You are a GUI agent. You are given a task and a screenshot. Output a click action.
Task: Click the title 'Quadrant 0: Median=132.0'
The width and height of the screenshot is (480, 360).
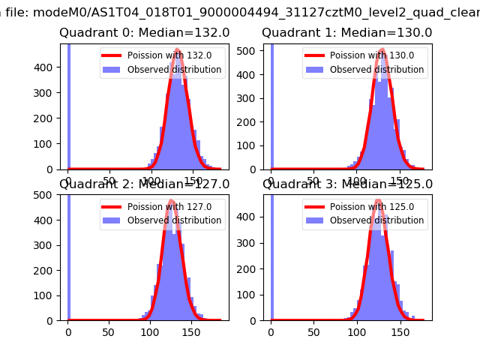pyautogui.click(x=145, y=33)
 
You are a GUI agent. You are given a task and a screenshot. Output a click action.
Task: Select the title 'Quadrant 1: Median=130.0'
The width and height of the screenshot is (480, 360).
pyautogui.click(x=347, y=33)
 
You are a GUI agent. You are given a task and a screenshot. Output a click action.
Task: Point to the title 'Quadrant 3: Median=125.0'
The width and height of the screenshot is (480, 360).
pyautogui.click(x=347, y=184)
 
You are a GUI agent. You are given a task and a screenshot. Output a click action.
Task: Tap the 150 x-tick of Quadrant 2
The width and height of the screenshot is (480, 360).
pyautogui.click(x=190, y=331)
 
